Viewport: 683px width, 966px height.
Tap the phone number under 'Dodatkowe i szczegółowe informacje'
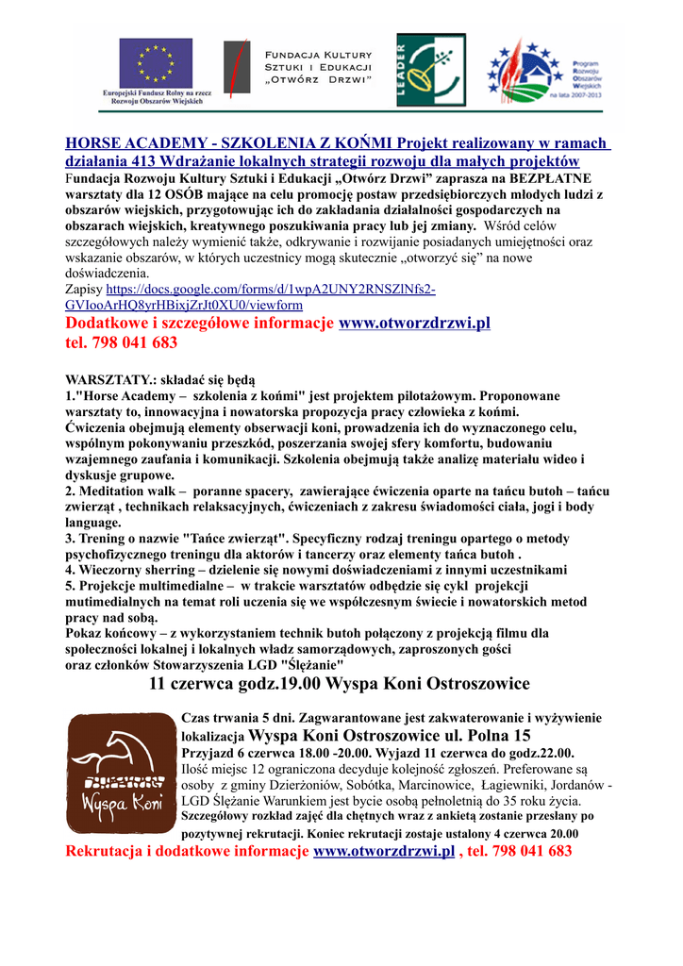pyautogui.click(x=122, y=342)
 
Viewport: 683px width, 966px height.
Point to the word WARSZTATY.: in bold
pyautogui.click(x=104, y=378)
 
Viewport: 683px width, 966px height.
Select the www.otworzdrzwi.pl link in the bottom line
pyautogui.click(x=383, y=851)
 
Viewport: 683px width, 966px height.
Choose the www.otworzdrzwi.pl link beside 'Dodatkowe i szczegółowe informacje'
pyautogui.click(x=414, y=324)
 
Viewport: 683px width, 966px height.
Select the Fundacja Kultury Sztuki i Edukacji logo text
pyautogui.click(x=318, y=67)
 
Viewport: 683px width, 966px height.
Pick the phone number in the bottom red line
pyautogui.click(x=529, y=851)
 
